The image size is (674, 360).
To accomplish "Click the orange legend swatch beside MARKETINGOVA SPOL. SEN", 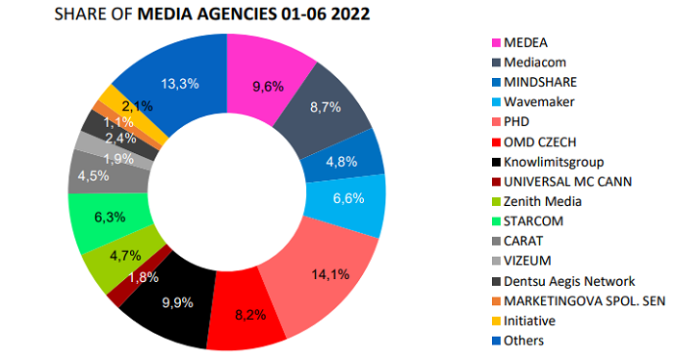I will [497, 300].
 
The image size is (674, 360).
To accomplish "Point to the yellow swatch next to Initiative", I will [497, 321].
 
